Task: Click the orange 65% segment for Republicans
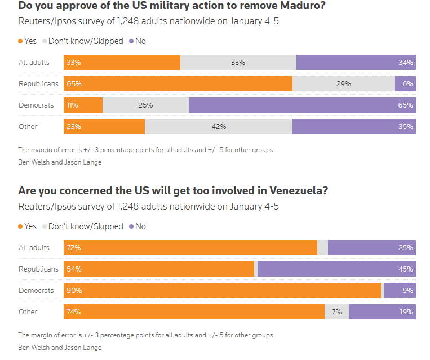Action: (x=178, y=84)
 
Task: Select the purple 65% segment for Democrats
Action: (x=302, y=105)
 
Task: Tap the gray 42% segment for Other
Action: (x=219, y=127)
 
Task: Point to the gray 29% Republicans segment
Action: (x=344, y=84)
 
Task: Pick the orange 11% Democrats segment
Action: (x=83, y=105)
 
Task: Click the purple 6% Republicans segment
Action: (x=405, y=84)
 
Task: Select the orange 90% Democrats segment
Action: (x=223, y=291)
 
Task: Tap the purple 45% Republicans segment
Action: (x=336, y=269)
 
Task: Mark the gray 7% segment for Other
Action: (x=336, y=312)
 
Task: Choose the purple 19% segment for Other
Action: (x=382, y=312)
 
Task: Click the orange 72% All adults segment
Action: (x=190, y=248)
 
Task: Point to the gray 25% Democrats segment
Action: (x=145, y=105)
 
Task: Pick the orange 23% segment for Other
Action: (x=104, y=127)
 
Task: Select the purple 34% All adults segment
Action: (x=356, y=63)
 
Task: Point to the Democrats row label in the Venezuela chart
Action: (x=36, y=291)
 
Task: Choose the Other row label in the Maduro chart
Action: (x=28, y=127)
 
